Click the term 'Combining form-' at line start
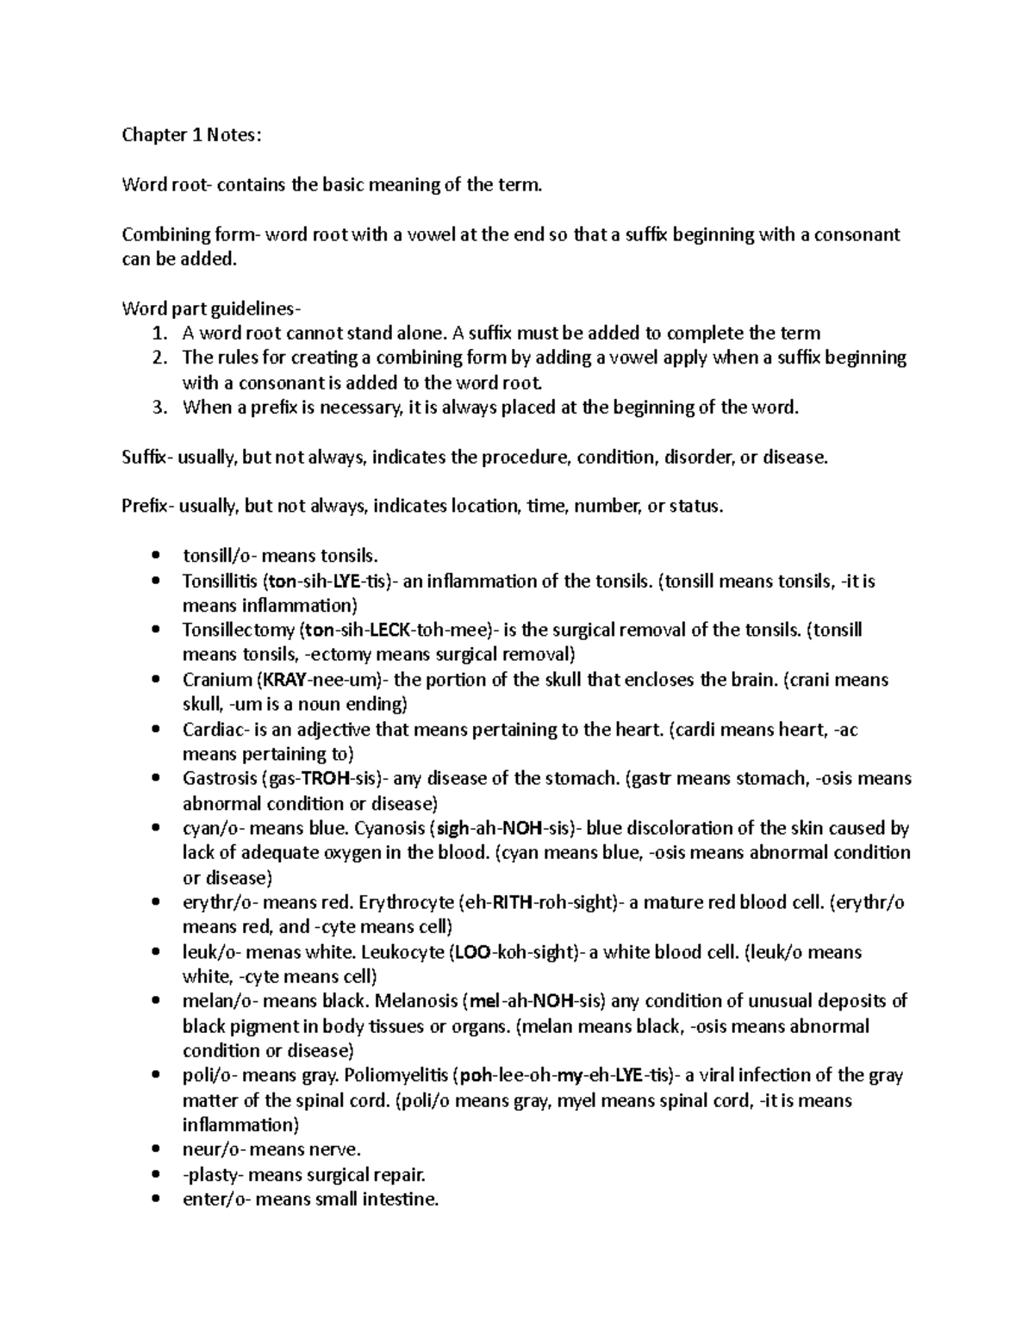coord(190,234)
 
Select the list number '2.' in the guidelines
coord(158,358)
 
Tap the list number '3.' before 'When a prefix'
coord(158,408)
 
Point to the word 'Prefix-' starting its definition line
coord(150,507)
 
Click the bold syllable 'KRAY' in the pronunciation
coord(293,680)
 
